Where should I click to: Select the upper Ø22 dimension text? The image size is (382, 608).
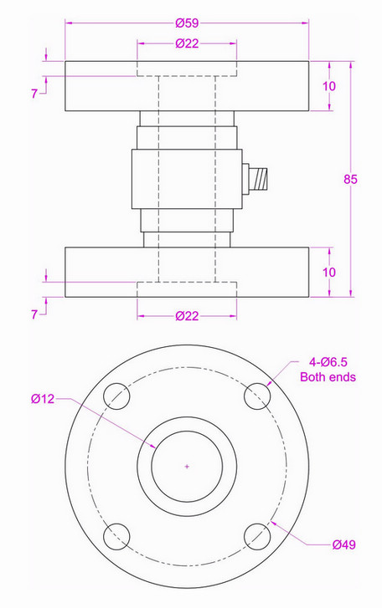pyautogui.click(x=187, y=44)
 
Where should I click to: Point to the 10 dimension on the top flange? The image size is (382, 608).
pyautogui.click(x=329, y=86)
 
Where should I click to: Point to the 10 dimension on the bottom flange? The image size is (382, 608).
pyautogui.click(x=329, y=273)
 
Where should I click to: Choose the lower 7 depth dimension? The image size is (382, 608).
pyautogui.click(x=34, y=314)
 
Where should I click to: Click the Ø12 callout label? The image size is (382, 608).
pyautogui.click(x=43, y=399)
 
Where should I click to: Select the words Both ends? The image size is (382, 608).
pyautogui.click(x=328, y=377)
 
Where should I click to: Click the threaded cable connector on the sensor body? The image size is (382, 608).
pyautogui.click(x=259, y=177)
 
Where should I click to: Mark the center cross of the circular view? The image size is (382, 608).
pyautogui.click(x=187, y=465)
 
